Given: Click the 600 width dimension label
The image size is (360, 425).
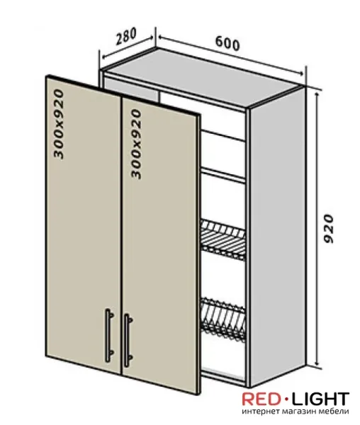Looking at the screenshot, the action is [227, 44].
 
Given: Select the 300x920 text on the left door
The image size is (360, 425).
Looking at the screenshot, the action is [59, 124].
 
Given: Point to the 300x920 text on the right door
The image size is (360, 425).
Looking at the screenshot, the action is [136, 144].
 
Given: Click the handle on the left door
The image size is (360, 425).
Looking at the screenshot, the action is [109, 334].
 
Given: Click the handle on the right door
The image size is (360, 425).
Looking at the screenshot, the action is [128, 340].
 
